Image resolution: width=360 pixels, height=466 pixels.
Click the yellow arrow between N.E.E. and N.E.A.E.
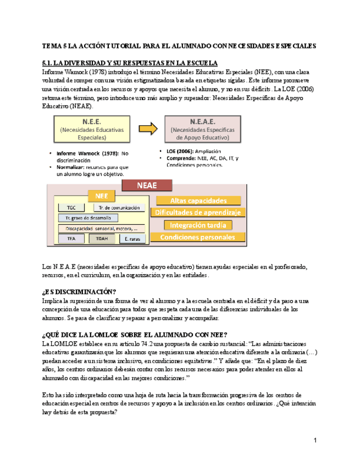click(147, 129)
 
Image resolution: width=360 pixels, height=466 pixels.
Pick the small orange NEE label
click(101, 196)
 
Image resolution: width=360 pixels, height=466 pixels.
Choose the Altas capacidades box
click(198, 201)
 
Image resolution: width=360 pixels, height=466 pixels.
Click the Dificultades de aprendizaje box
click(201, 213)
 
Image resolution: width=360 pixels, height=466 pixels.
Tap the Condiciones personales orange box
click(198, 237)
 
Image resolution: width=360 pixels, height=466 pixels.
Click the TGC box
click(72, 208)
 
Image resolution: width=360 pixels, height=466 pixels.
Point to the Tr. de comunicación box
click(119, 208)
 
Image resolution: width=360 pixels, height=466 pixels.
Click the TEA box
click(72, 239)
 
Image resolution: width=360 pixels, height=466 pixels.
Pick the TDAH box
click(102, 239)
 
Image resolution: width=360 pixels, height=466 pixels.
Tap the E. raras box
click(132, 239)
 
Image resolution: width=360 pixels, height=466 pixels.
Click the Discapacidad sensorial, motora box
click(101, 229)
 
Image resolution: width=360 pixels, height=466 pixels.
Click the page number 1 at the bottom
click(317, 441)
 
